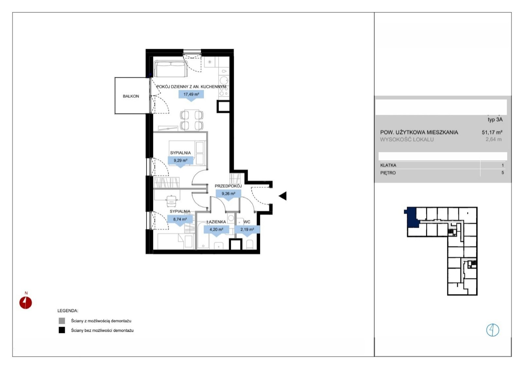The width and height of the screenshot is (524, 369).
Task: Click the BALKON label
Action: click(131, 96)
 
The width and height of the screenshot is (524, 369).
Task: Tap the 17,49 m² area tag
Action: click(191, 95)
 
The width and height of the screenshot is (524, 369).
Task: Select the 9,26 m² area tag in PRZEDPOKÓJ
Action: click(228, 194)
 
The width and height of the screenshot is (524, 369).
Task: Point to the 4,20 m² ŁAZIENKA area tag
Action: click(216, 230)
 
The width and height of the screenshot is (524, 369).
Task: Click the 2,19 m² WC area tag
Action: click(247, 230)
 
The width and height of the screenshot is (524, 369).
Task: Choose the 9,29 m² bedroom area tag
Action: click(180, 161)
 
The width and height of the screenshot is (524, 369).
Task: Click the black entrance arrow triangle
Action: click(283, 196)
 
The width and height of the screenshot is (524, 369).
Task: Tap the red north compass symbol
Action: click(26, 303)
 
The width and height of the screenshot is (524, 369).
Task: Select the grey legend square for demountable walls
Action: click(62, 321)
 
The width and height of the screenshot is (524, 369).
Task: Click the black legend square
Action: click(62, 330)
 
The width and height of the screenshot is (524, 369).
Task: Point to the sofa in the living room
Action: click(171, 69)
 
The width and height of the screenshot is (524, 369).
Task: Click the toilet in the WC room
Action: click(250, 244)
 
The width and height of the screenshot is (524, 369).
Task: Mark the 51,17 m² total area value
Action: click(492, 132)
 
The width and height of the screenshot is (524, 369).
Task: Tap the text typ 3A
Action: click(495, 120)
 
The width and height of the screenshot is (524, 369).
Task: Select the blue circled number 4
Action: click(493, 330)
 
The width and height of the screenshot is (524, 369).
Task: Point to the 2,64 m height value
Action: click(494, 139)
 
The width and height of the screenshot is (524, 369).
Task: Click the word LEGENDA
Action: click(68, 311)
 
